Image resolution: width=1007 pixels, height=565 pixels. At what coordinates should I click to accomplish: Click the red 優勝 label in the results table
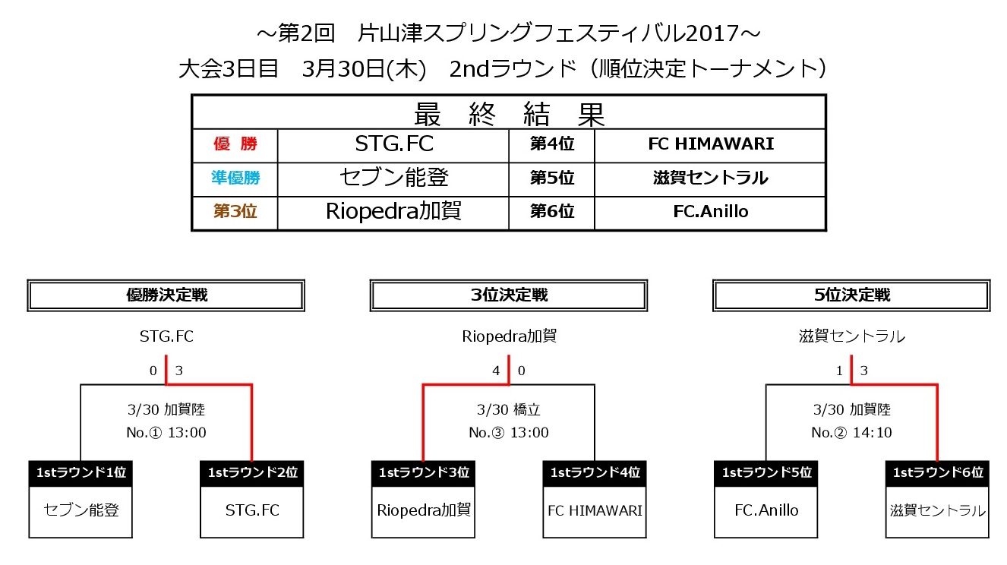[x=235, y=144]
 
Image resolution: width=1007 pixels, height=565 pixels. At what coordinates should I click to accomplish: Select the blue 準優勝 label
[x=235, y=178]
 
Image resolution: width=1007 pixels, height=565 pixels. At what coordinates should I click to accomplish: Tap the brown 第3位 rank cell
[x=235, y=211]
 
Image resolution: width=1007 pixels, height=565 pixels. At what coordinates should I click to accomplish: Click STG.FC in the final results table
[x=394, y=144]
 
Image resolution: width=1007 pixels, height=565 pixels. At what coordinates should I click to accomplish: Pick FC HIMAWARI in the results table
[x=711, y=144]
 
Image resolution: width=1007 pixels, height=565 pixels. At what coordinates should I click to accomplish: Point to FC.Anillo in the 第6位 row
[x=711, y=211]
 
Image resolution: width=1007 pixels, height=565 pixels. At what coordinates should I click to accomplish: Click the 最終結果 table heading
[x=509, y=114]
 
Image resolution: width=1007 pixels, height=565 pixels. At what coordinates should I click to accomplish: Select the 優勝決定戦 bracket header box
[x=166, y=295]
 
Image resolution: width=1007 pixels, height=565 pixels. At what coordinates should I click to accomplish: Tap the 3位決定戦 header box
[x=509, y=295]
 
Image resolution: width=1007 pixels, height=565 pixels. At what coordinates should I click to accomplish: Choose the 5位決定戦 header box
[x=851, y=295]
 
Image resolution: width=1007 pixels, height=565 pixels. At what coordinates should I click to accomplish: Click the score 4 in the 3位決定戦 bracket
[x=496, y=371]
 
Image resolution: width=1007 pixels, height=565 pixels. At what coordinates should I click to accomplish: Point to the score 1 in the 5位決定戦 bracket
[x=839, y=371]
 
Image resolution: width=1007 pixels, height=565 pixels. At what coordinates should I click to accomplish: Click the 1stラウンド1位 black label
[x=80, y=473]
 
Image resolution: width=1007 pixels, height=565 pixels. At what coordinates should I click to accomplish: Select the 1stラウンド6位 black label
[x=937, y=473]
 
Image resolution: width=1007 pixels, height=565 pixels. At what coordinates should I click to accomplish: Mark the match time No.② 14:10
[x=851, y=432]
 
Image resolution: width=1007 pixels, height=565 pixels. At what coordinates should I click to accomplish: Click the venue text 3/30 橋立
[x=509, y=409]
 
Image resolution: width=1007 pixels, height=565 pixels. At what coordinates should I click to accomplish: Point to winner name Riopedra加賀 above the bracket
[x=509, y=336]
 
